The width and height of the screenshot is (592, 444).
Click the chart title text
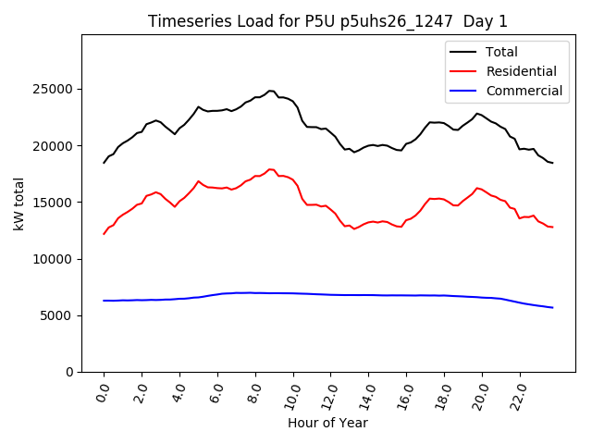(327, 21)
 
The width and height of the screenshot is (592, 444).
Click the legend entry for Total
(501, 52)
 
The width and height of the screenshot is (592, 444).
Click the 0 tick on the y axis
(69, 372)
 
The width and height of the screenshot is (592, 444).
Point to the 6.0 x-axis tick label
(217, 393)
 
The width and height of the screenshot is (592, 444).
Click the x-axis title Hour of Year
(327, 424)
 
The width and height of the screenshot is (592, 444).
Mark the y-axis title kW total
(19, 203)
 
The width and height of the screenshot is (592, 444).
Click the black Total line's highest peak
(270, 91)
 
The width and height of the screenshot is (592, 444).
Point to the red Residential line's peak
(270, 169)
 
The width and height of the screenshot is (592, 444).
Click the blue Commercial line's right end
(553, 307)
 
